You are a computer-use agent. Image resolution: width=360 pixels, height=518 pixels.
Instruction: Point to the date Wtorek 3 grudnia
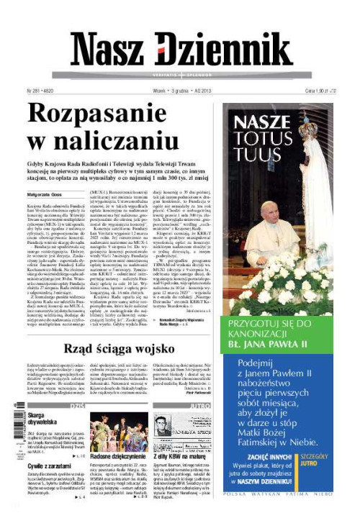pyautogui.click(x=177, y=92)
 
